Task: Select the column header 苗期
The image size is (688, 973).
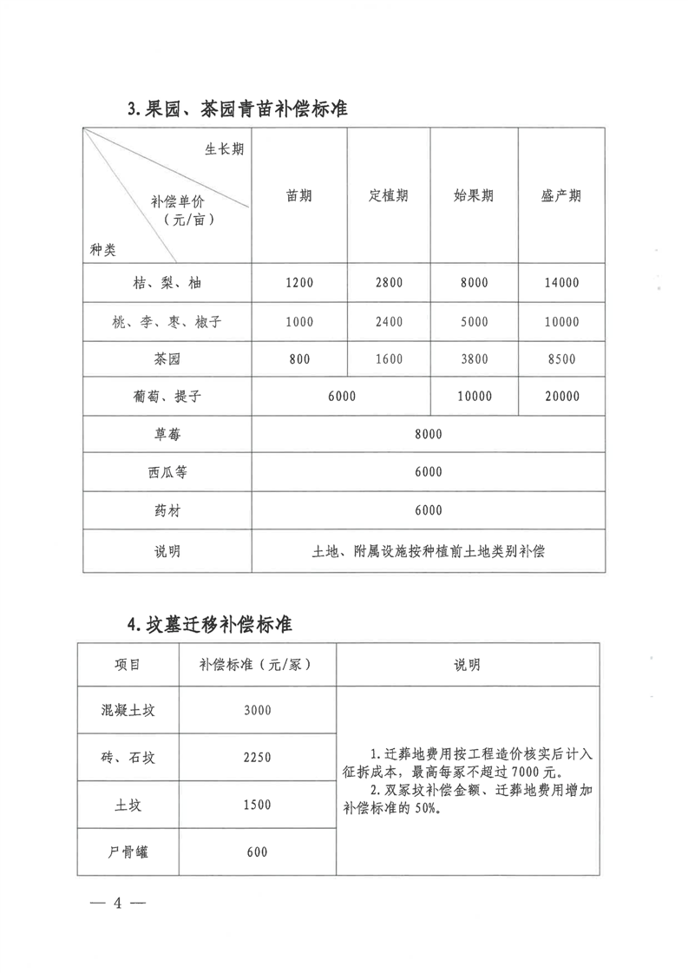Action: pos(298,195)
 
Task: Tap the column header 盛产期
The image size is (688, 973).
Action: pos(560,195)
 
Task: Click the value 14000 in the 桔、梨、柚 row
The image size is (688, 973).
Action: pos(560,283)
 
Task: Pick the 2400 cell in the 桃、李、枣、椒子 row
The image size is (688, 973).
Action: pos(389,322)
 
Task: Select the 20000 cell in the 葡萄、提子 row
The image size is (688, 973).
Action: pos(560,396)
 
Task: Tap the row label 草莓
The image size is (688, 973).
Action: pos(167,434)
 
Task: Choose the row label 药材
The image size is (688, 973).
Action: pos(167,510)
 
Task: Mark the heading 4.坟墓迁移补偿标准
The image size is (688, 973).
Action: pos(209,623)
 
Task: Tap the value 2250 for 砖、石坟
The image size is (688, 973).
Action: pos(258,757)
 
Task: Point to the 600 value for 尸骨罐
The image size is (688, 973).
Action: pos(258,851)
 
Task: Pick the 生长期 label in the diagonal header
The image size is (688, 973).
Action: pos(224,148)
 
